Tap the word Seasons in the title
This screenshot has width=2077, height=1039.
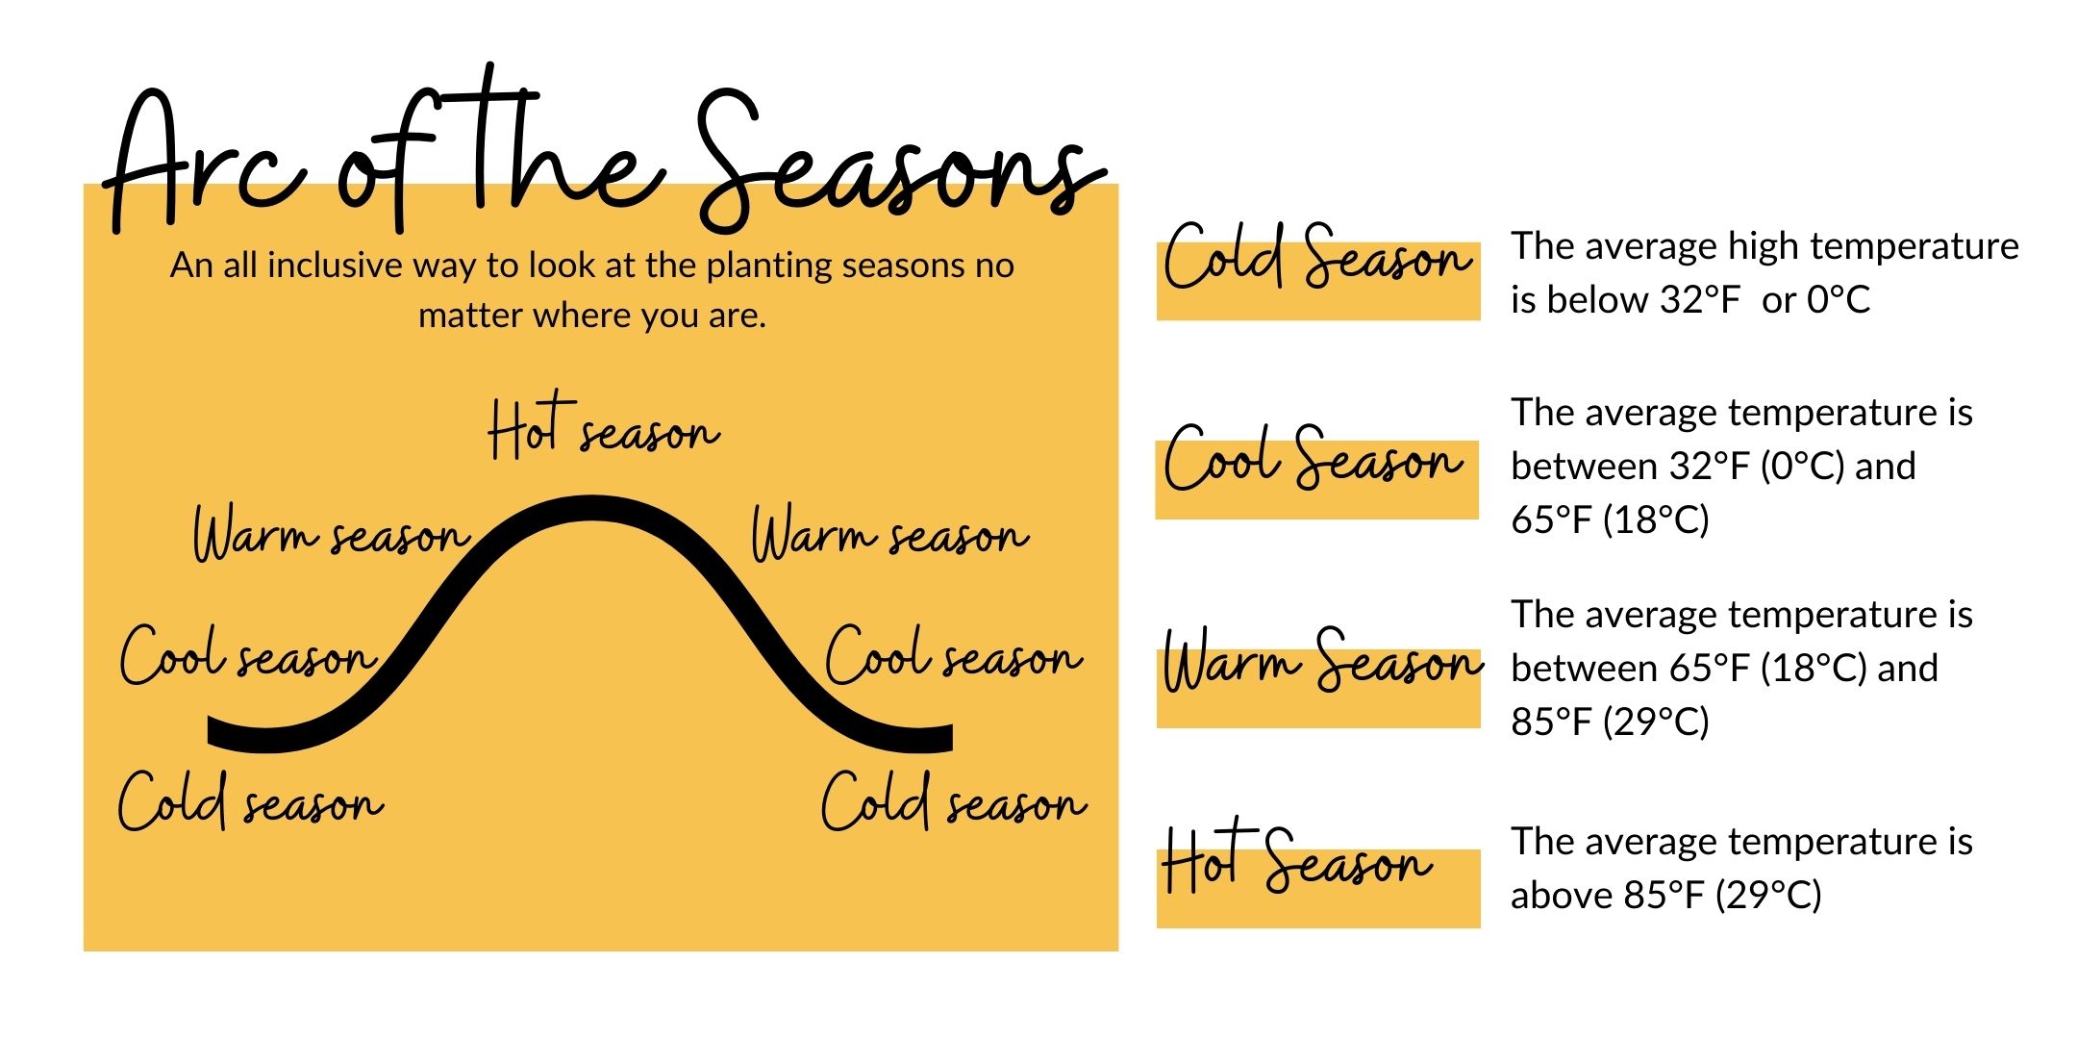tap(899, 164)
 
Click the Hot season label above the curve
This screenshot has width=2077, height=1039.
tap(603, 430)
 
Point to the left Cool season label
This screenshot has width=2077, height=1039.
tap(247, 657)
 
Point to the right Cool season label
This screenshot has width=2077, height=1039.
tap(953, 657)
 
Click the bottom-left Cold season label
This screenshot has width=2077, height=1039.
tap(250, 802)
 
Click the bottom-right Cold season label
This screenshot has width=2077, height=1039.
tap(953, 802)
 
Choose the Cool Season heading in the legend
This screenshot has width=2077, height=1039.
tap(1314, 460)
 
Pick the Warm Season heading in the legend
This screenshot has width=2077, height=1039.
tap(1321, 662)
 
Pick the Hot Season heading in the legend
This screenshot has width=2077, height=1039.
tap(1296, 861)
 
